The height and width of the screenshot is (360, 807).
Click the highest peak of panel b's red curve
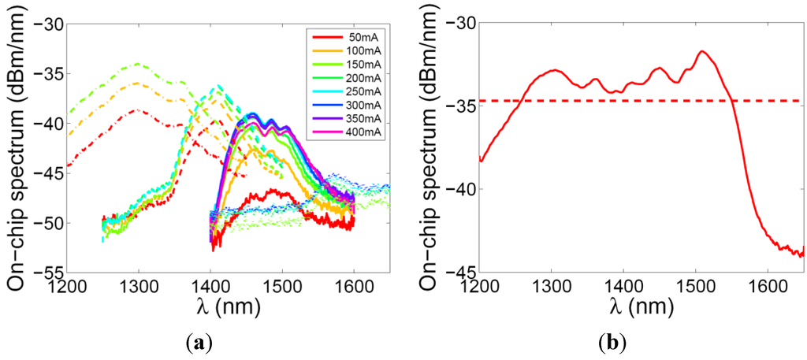tap(702, 51)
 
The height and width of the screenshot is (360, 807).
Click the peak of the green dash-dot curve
tap(138, 64)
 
